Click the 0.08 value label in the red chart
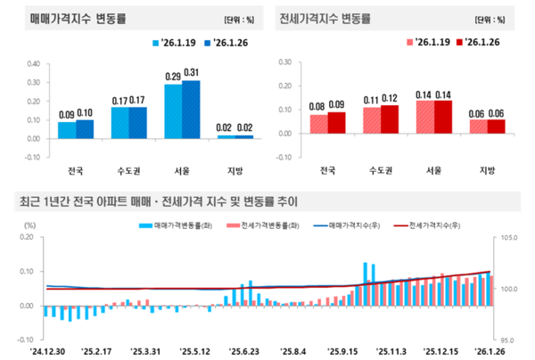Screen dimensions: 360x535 [x=318, y=107]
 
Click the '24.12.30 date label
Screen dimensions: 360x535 [x=45, y=351]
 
